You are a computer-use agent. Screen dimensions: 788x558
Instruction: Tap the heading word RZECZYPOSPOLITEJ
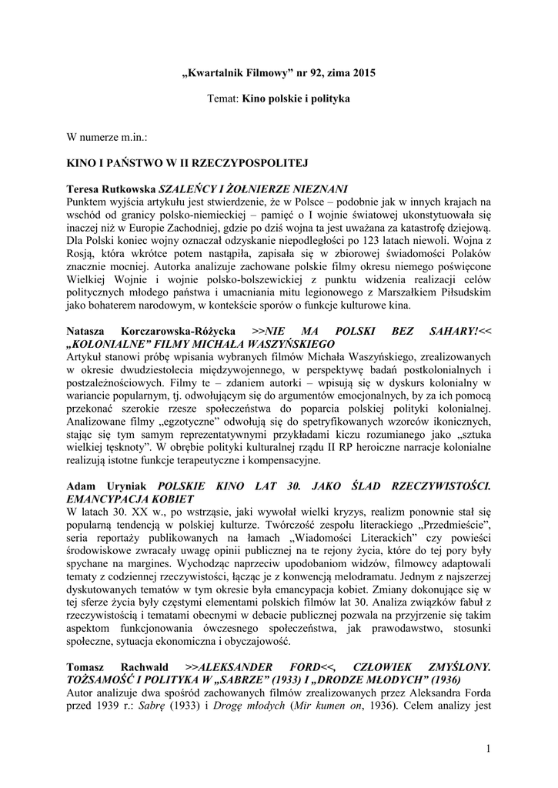(259, 164)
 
